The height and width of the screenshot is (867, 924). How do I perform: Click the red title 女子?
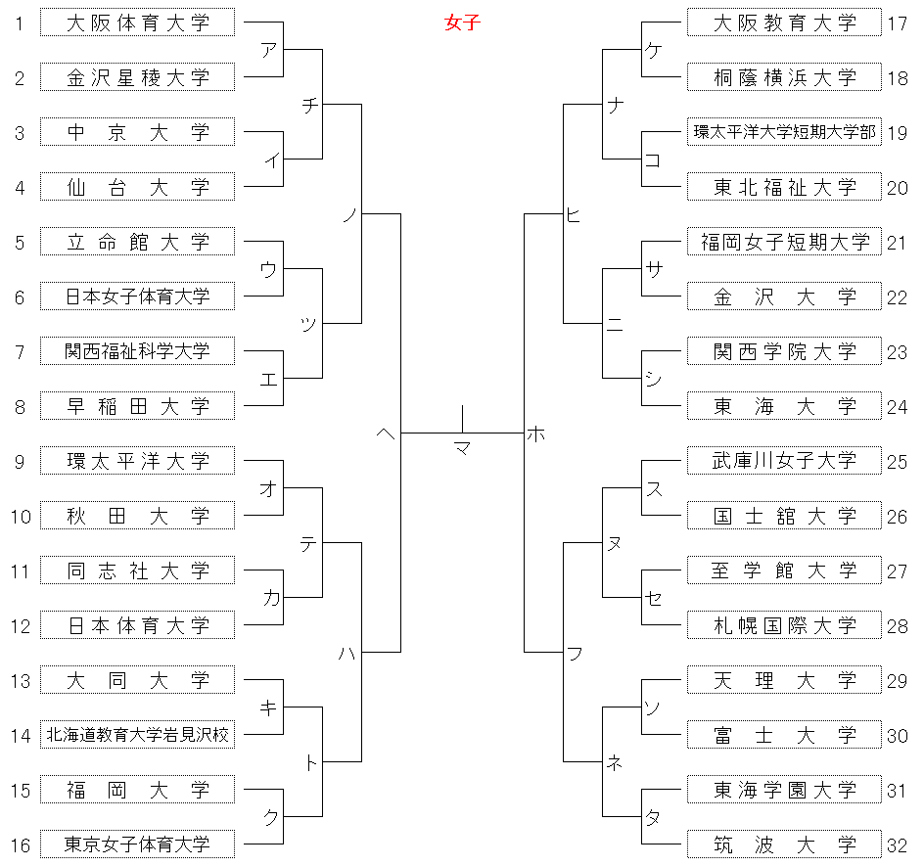point(463,23)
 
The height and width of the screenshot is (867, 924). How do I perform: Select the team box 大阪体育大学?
point(137,23)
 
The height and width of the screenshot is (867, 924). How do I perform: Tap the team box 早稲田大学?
point(137,406)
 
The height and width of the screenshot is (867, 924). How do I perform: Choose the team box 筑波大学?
point(784,844)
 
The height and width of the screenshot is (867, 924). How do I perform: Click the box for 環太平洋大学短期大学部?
point(784,132)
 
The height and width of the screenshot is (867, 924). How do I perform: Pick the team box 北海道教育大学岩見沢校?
point(137,735)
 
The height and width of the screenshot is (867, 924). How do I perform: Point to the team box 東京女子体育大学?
point(137,844)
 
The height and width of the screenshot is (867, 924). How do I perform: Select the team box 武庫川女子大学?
point(784,461)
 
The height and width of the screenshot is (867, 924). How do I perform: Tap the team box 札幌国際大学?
point(784,625)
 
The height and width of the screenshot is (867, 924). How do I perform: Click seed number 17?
point(898,23)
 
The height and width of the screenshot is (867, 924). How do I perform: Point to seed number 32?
point(898,845)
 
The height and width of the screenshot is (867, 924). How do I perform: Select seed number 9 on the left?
point(20,462)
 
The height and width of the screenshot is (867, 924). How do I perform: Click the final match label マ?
point(463,449)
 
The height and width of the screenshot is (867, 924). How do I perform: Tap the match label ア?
point(269,50)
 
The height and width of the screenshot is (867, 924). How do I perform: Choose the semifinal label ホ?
point(535,434)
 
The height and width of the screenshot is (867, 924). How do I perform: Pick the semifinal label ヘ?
point(386,434)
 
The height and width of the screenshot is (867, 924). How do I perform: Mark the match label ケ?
point(653,50)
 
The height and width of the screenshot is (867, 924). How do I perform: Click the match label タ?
point(653,817)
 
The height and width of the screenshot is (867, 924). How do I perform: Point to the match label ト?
point(311,762)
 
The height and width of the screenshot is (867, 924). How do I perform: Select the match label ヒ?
point(574,215)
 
